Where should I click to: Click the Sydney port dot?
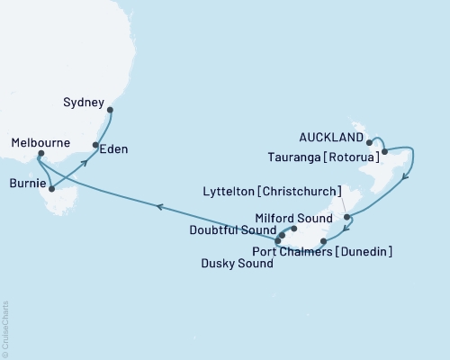pyautogui.click(x=110, y=111)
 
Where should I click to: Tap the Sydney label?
pyautogui.click(x=85, y=103)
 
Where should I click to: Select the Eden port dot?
pyautogui.click(x=95, y=145)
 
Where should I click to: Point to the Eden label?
pyautogui.click(x=113, y=148)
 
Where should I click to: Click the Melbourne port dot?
pyautogui.click(x=40, y=155)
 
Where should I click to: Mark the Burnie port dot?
pyautogui.click(x=51, y=189)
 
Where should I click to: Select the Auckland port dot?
pyautogui.click(x=370, y=142)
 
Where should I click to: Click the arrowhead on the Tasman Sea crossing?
pyautogui.click(x=159, y=207)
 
